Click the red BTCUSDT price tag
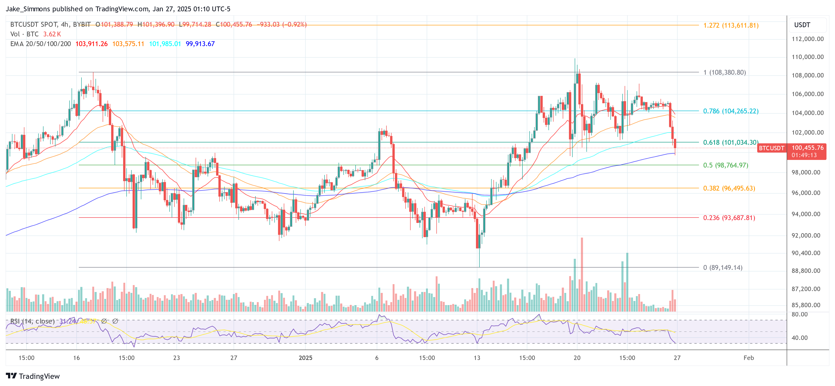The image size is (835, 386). click(771, 148)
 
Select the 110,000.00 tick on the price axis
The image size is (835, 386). click(807, 57)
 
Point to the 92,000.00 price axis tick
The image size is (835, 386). click(807, 235)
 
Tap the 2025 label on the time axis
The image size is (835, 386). click(305, 358)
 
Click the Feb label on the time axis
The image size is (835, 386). click(748, 358)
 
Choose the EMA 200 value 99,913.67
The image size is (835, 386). click(200, 44)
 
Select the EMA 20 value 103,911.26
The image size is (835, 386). click(91, 44)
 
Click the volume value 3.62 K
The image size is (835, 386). click(52, 34)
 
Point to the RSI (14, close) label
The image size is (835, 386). click(32, 321)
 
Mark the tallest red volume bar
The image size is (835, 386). click(582, 274)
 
